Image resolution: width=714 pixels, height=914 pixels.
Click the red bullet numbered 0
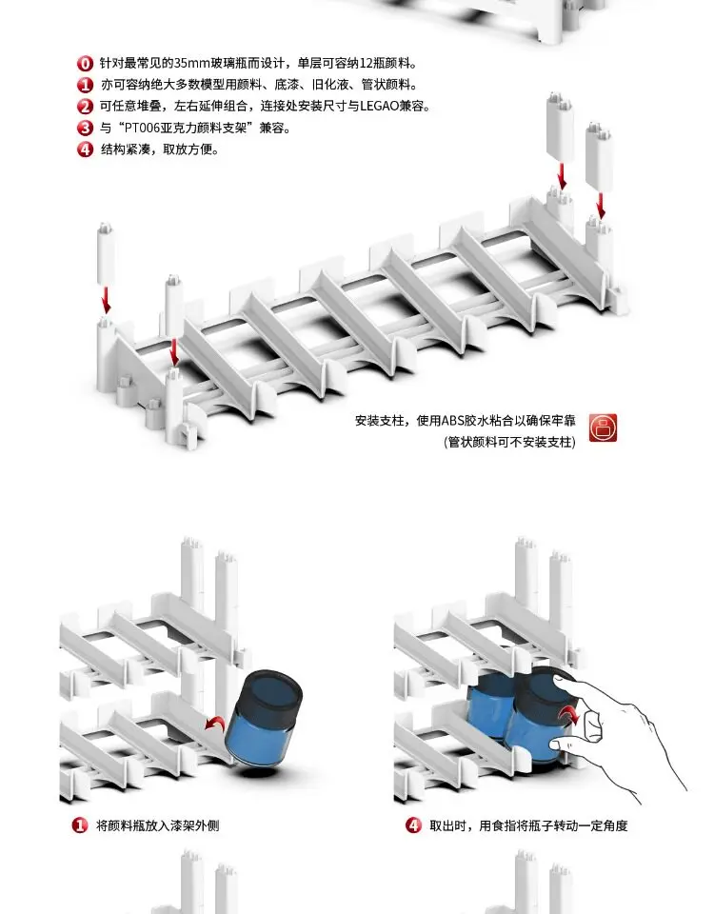coord(85,64)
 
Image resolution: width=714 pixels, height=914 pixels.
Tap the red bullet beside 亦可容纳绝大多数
coord(85,85)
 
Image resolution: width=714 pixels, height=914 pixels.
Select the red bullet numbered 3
coord(85,128)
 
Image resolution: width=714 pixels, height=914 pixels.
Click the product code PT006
coord(142,128)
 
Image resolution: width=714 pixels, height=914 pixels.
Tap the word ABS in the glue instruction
coord(452,421)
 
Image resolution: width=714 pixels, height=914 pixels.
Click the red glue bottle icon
coord(603,427)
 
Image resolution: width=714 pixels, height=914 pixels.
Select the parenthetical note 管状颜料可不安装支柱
coord(510,443)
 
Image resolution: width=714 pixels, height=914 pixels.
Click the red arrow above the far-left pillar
coord(106,300)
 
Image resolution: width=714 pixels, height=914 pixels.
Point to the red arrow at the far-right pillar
coord(601,206)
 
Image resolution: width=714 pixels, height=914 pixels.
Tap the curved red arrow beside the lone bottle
coord(216,723)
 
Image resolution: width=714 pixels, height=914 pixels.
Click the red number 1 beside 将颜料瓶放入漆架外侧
coord(80,825)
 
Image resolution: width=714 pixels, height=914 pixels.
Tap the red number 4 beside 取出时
coord(413,825)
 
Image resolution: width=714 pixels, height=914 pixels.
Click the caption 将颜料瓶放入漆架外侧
coord(157,825)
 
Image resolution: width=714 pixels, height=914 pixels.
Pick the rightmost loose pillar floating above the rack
coord(600,156)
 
